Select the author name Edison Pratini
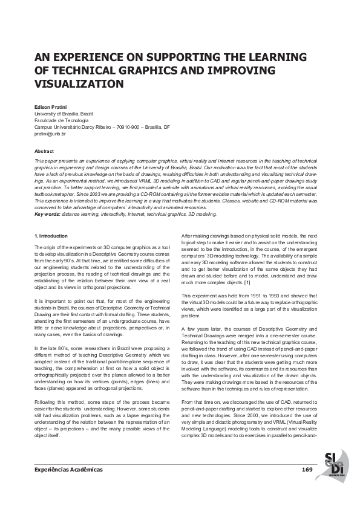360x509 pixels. [51, 106]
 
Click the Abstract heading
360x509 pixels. [44, 151]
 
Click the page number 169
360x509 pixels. [307, 470]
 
